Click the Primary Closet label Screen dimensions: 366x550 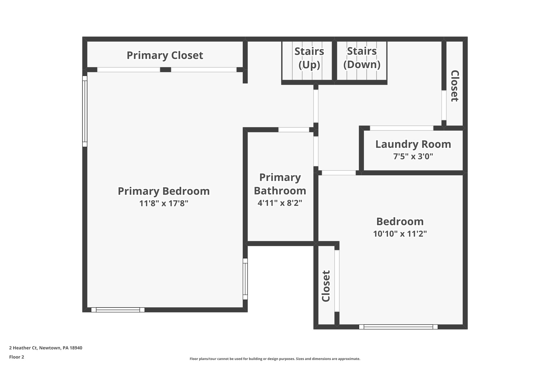[165, 55]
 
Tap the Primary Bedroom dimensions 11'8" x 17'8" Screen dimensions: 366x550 [164, 204]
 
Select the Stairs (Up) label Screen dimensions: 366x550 [309, 58]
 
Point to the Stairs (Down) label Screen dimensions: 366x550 [362, 58]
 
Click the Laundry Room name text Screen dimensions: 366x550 [413, 144]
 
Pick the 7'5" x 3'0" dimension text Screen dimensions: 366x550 [413, 156]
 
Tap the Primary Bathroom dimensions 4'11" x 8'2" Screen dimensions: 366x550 [280, 203]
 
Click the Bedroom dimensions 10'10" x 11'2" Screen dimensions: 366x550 [400, 234]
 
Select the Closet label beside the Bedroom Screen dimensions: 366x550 [325, 286]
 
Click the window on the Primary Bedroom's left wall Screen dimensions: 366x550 [85, 111]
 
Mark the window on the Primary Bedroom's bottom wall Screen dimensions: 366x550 [118, 310]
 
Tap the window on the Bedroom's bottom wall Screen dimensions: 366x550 [398, 327]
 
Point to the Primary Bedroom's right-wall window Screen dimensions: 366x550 [245, 279]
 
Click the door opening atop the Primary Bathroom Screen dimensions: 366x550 [294, 130]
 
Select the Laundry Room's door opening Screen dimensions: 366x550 [401, 128]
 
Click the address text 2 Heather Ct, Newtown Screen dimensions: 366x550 [46, 348]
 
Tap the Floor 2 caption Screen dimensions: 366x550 [17, 357]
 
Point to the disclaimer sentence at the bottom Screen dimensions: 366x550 [275, 359]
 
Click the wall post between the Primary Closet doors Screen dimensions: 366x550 [165, 70]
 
